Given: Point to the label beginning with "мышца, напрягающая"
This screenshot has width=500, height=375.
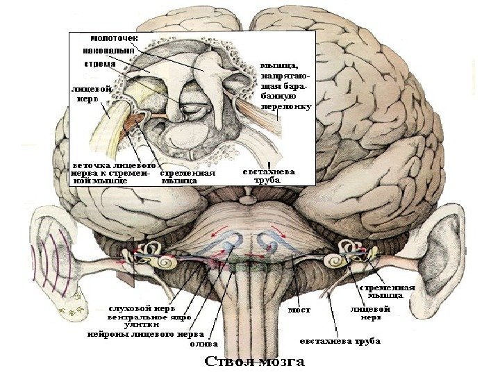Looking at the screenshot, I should (285, 87).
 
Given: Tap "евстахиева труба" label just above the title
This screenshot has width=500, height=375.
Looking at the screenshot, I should (340, 341).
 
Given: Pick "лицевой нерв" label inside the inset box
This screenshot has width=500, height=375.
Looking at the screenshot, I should (87, 94).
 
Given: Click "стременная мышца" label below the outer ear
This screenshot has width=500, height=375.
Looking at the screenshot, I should (387, 290).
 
